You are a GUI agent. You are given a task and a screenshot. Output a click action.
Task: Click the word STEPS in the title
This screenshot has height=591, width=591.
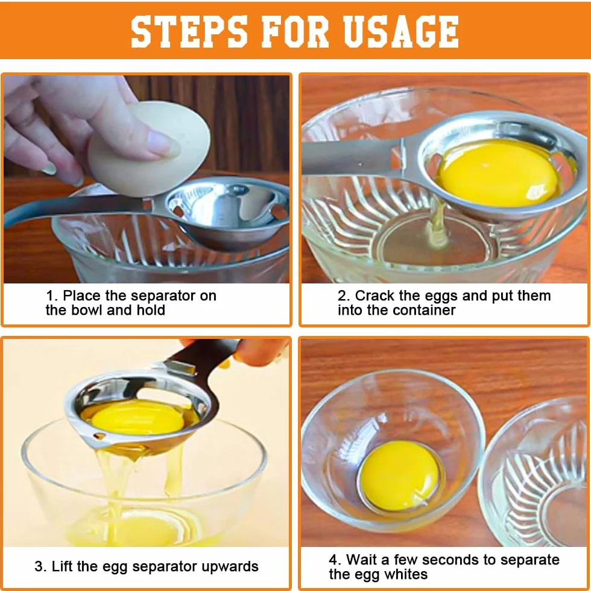(x=189, y=31)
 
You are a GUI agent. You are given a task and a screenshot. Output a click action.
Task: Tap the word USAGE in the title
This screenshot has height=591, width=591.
(x=401, y=31)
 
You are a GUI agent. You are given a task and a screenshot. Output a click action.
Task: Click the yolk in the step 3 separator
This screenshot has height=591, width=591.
(x=137, y=417)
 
